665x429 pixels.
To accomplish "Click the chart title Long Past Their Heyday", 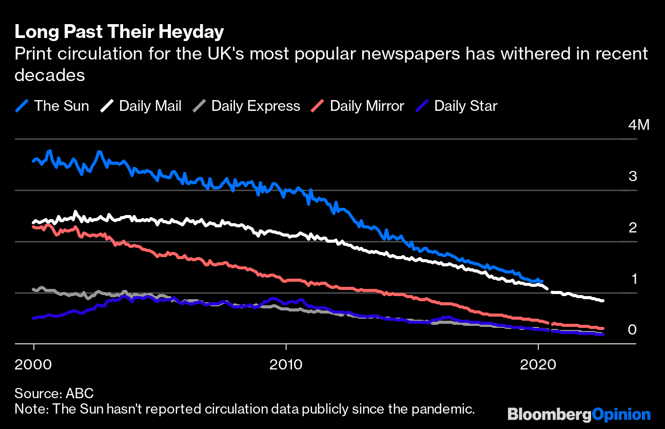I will click(x=119, y=32).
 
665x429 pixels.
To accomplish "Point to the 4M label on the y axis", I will click(x=639, y=125).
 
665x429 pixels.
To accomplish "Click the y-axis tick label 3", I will click(x=633, y=177).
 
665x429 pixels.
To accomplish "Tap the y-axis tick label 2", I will click(x=633, y=228).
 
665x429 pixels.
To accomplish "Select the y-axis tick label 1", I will click(x=633, y=279).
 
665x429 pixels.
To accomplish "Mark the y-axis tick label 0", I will click(x=633, y=329).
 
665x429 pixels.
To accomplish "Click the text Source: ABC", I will click(x=54, y=394).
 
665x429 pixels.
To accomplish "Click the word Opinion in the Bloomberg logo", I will click(x=621, y=414).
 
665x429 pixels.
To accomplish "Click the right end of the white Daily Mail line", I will click(x=602, y=301).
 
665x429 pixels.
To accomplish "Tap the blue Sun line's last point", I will click(x=542, y=281).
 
